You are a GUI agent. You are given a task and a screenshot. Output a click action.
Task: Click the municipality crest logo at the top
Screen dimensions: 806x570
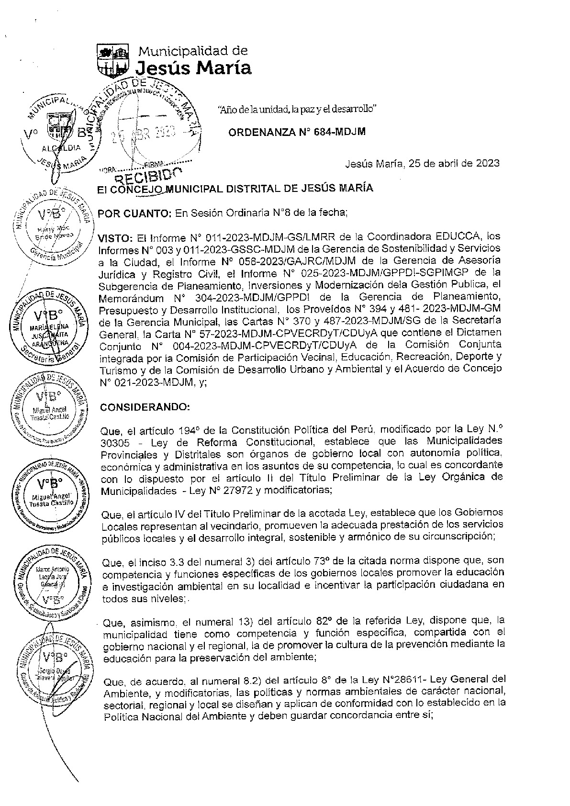coord(113,60)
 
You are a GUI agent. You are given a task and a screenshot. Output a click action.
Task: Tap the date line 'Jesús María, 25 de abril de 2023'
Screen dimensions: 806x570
coord(422,163)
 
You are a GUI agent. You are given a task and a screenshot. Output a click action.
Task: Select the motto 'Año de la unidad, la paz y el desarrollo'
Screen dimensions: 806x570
coord(297,109)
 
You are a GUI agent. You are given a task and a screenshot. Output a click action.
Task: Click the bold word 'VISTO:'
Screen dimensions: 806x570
coord(114,238)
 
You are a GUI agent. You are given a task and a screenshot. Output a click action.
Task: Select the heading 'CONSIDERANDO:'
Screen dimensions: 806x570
coord(145,407)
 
